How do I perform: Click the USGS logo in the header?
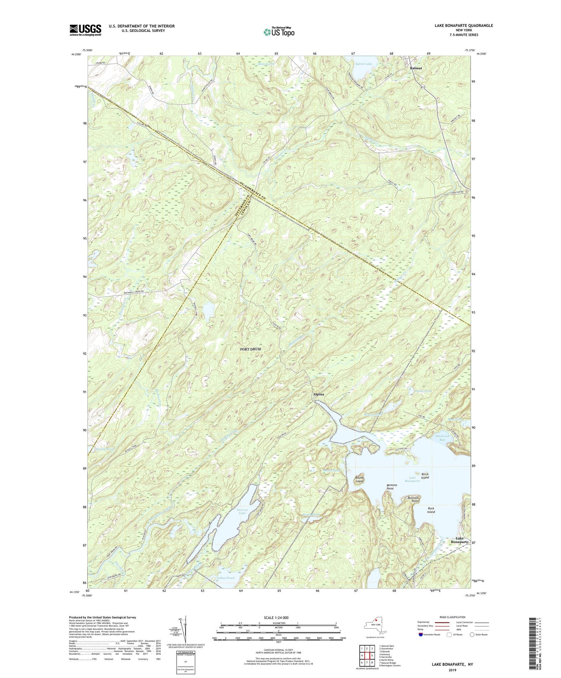click(x=85, y=30)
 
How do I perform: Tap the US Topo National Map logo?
click(x=278, y=32)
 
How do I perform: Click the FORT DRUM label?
click(x=250, y=349)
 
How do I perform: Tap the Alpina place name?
click(x=318, y=394)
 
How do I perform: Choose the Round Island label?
click(x=360, y=480)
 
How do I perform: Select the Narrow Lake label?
click(x=242, y=511)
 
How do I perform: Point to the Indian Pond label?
click(x=226, y=578)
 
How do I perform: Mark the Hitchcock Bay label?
click(x=442, y=438)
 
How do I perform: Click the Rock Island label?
click(x=431, y=510)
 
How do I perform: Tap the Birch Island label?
click(x=425, y=476)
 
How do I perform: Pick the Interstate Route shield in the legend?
click(x=421, y=635)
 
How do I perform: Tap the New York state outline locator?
click(x=375, y=626)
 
